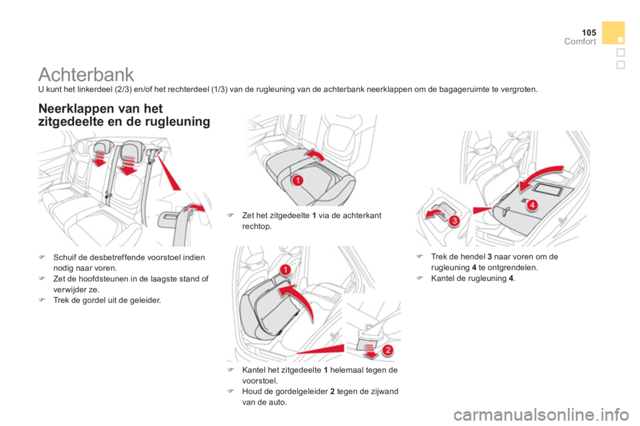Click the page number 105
(x=589, y=32)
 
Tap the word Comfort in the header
(x=580, y=41)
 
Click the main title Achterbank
(x=86, y=75)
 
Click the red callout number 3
(x=454, y=221)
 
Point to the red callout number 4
(x=532, y=204)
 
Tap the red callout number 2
(x=388, y=349)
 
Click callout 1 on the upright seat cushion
(x=285, y=270)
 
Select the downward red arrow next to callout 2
(x=370, y=351)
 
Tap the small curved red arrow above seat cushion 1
(x=315, y=154)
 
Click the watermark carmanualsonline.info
(x=541, y=415)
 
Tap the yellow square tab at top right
(x=613, y=33)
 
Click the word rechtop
(x=257, y=226)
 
